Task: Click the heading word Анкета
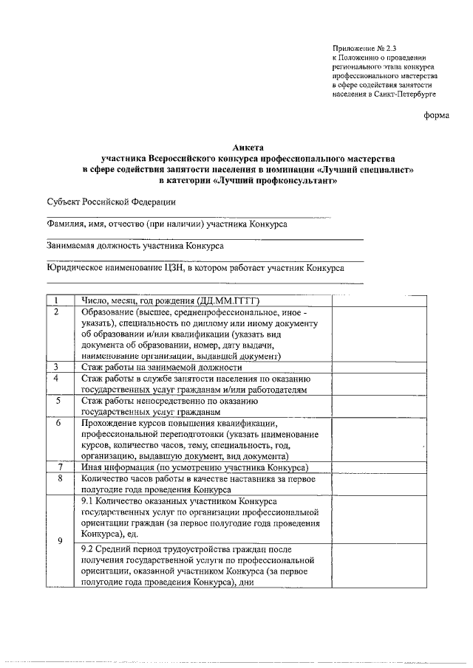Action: (248, 147)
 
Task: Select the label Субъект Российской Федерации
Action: (112, 202)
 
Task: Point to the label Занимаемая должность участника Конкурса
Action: (135, 246)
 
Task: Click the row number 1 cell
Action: (59, 300)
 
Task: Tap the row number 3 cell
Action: (59, 367)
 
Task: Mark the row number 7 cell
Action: (59, 467)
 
